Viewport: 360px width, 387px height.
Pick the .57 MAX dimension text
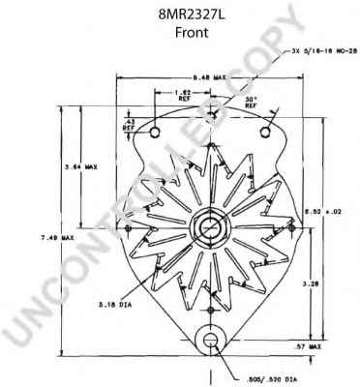click(308, 345)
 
